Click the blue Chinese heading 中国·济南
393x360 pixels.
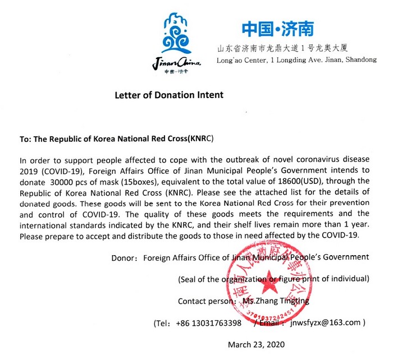[277, 29]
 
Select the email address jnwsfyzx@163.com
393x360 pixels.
[326, 323]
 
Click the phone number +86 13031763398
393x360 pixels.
[209, 323]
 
